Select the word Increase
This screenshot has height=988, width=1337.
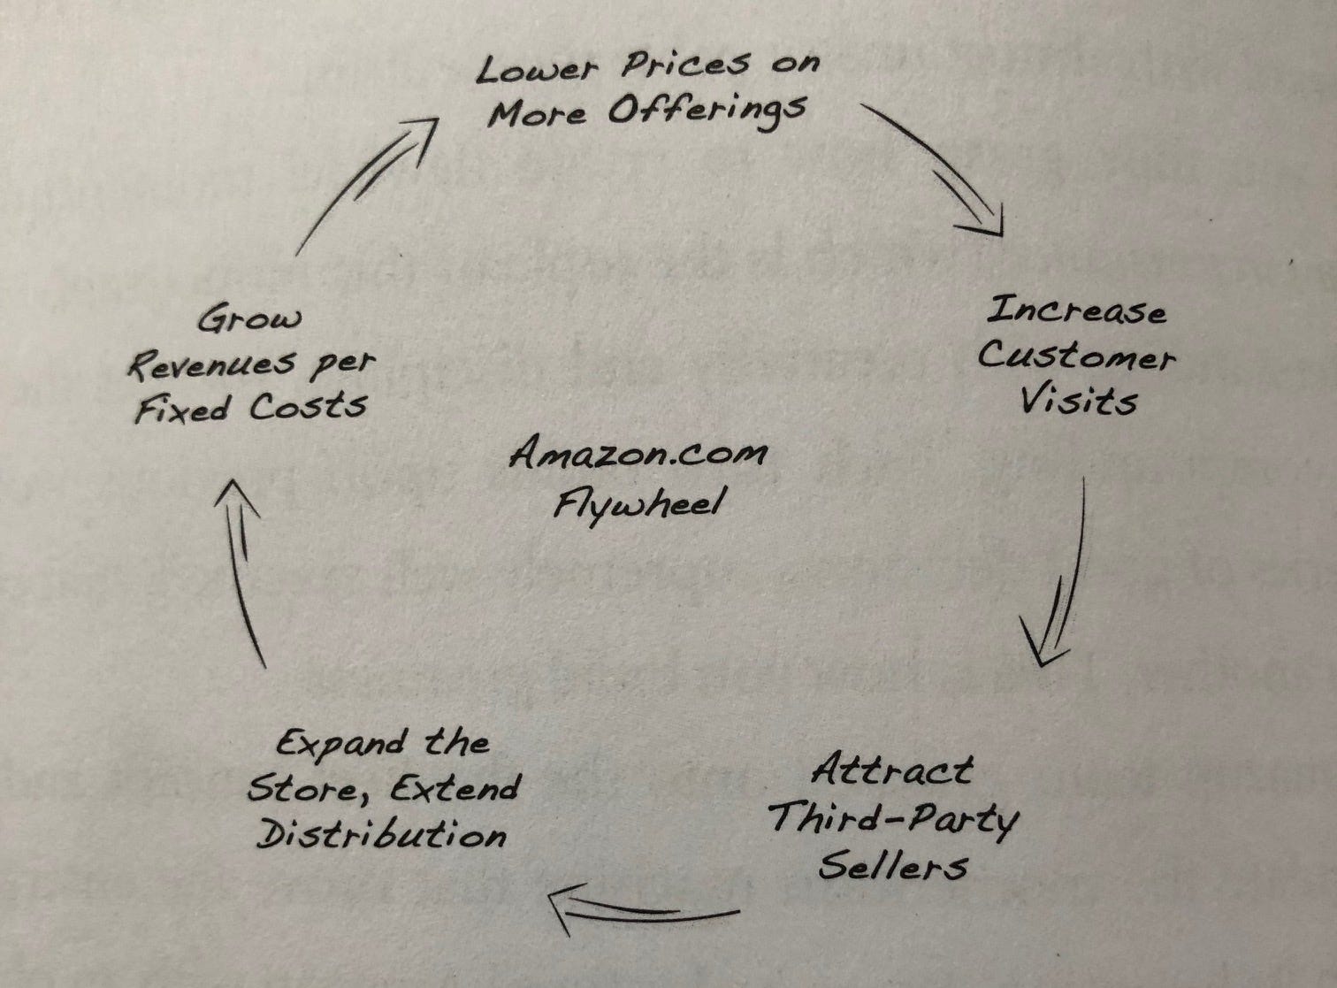[1075, 311]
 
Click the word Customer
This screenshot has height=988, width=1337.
[1075, 356]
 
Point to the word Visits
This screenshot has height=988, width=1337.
[1078, 402]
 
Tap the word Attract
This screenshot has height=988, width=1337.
[892, 770]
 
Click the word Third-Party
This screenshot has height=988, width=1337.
[892, 819]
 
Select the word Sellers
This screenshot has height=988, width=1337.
[892, 866]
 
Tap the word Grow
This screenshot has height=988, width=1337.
[249, 319]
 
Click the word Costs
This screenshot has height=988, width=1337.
[308, 408]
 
